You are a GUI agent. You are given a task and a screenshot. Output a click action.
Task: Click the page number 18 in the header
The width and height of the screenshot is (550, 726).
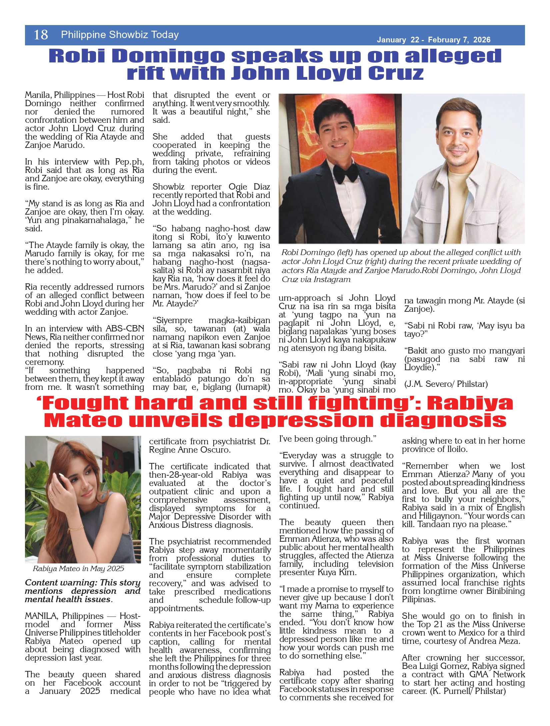click(41, 35)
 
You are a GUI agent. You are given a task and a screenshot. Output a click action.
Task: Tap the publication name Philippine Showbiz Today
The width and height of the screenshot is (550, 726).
click(120, 35)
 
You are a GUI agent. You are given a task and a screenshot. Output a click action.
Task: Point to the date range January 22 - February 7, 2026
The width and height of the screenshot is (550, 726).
click(433, 40)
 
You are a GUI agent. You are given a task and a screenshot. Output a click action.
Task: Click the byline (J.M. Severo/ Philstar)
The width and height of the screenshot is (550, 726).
click(446, 384)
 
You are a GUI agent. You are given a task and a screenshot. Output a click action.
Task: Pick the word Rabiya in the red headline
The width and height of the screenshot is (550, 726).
click(470, 404)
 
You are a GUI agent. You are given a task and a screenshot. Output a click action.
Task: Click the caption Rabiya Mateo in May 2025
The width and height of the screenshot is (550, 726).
click(78, 569)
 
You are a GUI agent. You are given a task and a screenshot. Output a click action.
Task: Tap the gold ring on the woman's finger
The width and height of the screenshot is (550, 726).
click(52, 496)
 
